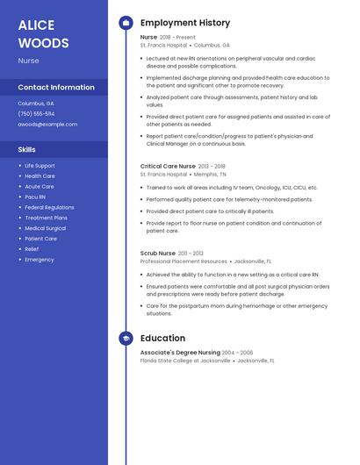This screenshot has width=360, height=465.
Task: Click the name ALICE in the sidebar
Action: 36,25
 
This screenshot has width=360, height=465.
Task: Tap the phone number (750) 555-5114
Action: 36,113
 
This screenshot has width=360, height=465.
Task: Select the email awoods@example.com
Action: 47,125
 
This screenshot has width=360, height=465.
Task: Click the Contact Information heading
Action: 56,87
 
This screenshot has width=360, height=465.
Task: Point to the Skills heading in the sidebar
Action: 27,149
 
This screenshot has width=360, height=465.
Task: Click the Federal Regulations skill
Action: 49,207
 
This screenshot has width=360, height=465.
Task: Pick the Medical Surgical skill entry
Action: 45,228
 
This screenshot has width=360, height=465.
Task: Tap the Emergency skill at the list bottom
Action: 40,260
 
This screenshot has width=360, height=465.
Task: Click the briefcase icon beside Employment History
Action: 126,23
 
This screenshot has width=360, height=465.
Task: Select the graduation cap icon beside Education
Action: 126,338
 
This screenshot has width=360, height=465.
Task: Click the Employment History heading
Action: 185,23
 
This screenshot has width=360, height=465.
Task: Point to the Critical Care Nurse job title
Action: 168,166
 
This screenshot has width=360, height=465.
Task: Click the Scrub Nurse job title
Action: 158,253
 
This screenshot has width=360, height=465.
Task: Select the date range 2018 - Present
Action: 178,38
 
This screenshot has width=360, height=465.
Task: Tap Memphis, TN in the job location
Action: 211,175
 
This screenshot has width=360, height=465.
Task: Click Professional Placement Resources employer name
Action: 184,261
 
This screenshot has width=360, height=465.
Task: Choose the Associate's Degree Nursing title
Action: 180,352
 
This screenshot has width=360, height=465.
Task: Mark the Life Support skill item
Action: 40,165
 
